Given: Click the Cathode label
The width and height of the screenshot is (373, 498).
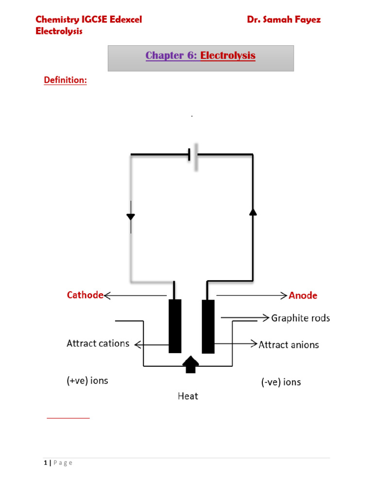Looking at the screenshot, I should coord(85,295).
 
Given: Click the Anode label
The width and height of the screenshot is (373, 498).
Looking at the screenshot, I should coord(303,295).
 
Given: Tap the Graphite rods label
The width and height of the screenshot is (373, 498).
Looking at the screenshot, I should coord(300,318).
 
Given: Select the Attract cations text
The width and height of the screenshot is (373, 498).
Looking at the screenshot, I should coord(98,343).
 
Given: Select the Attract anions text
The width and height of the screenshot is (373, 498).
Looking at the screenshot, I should coord(288,345).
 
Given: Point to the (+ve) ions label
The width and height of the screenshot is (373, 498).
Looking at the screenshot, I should coord(87,381).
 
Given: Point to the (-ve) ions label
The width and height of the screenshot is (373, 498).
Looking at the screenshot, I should coord(281,382).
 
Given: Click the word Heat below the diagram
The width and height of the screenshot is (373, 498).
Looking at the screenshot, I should coord(187,396).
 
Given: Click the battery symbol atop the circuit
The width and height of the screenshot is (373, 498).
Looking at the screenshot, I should coord(193,156).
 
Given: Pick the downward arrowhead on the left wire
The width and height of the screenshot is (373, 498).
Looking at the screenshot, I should coord(131,217).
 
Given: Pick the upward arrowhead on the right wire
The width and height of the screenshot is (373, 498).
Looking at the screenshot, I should coord(253,212).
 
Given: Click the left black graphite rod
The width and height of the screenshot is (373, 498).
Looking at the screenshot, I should coord(175,326).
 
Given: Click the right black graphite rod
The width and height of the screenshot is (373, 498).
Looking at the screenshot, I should coord(208,326).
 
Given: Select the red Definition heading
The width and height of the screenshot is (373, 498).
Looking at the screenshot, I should coord(66,80).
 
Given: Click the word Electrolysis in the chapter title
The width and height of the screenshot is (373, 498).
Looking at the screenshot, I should coord(228,56).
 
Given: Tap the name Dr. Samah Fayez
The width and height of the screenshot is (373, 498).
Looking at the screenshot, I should coord(284,19).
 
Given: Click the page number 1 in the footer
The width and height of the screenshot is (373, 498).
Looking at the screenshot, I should coord(45,463).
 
